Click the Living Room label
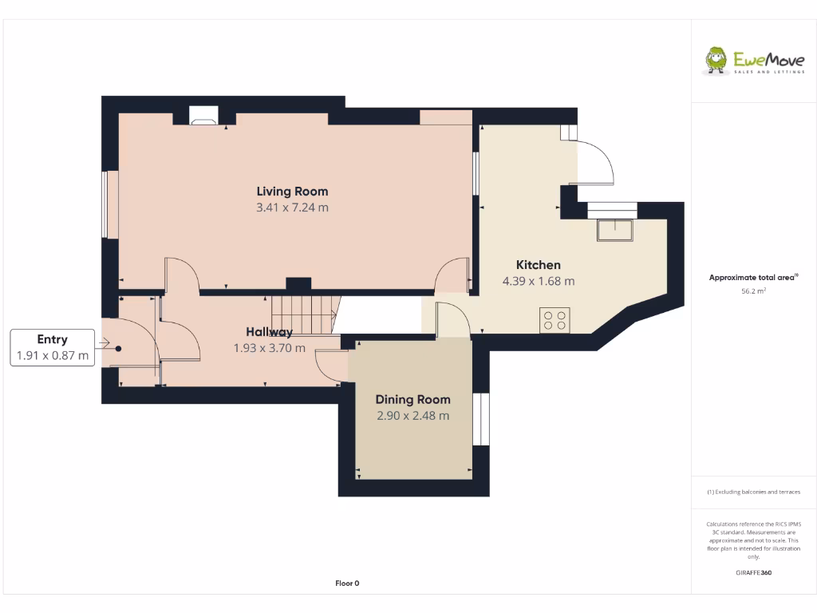point(292,192)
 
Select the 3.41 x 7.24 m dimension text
point(292,208)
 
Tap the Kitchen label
point(538,265)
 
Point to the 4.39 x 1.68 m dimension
point(538,281)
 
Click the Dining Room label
point(412,399)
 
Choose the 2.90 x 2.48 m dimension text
point(412,416)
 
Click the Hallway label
point(269,332)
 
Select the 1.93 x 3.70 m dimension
point(269,348)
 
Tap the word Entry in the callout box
point(53,339)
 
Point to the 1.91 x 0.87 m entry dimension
point(53,356)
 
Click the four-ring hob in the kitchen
point(555,320)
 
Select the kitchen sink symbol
point(614,230)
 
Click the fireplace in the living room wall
point(203,116)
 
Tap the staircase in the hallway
point(303,314)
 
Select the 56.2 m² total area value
point(753,292)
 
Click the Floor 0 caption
point(347,583)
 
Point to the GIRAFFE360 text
point(753,573)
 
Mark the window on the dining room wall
point(480,419)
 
